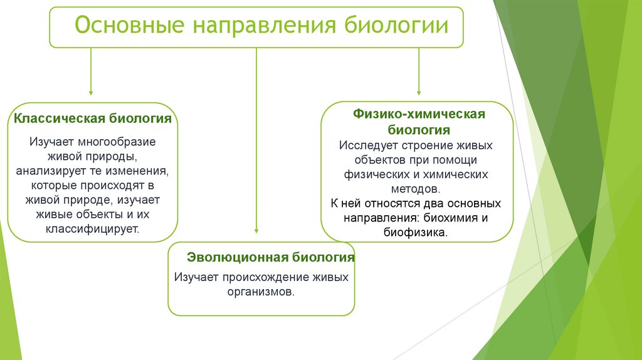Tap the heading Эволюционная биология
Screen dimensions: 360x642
pos(271,258)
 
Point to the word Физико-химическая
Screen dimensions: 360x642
pos(418,115)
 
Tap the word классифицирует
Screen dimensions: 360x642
pos(92,228)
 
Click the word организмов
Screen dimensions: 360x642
pos(261,292)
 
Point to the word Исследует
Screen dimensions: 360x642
pos(369,145)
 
